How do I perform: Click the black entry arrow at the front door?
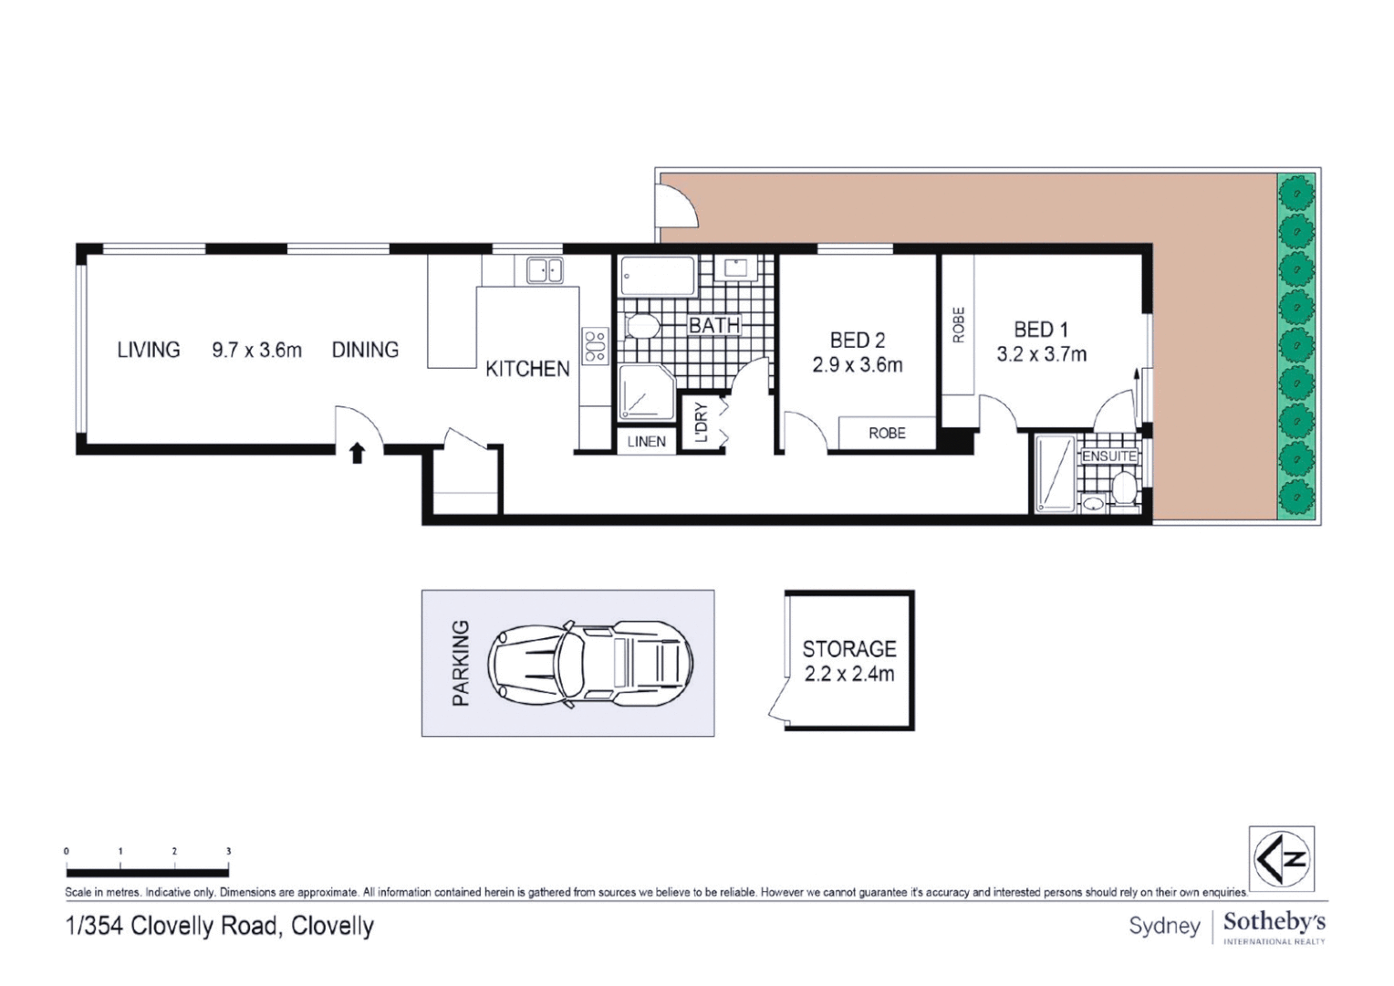tap(357, 453)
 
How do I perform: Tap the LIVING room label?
tap(149, 350)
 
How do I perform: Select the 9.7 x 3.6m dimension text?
tap(256, 350)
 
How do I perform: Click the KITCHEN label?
tap(527, 369)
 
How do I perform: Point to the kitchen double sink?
tap(545, 269)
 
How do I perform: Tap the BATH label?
tap(713, 325)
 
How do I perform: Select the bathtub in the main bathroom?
tap(657, 276)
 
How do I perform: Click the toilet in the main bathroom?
tap(642, 326)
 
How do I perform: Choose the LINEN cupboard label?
tap(646, 442)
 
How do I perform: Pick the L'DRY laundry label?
tap(701, 423)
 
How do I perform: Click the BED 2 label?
tap(857, 341)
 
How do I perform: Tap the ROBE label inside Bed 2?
tap(887, 434)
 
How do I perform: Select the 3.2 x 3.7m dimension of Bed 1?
tap(1041, 354)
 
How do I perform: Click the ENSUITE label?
tap(1108, 456)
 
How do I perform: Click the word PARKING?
tap(461, 663)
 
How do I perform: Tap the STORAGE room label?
tap(848, 649)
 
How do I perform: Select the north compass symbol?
tap(1281, 858)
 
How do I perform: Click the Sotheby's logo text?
tap(1274, 922)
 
